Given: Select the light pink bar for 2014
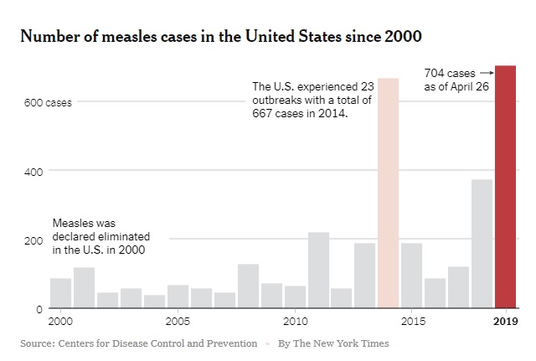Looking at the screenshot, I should pyautogui.click(x=388, y=193).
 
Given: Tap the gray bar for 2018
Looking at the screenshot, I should pyautogui.click(x=482, y=244).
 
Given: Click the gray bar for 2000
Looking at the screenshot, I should pyautogui.click(x=60, y=293).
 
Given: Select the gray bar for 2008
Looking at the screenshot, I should pyautogui.click(x=248, y=286).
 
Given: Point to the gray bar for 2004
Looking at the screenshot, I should pyautogui.click(x=154, y=301).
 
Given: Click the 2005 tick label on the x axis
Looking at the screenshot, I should pyautogui.click(x=177, y=322).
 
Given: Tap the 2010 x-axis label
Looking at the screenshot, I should pyautogui.click(x=294, y=322).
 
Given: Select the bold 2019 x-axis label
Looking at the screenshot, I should pyautogui.click(x=505, y=322).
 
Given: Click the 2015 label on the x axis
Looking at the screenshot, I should pyautogui.click(x=411, y=322).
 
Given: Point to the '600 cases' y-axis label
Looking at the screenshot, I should pyautogui.click(x=48, y=103).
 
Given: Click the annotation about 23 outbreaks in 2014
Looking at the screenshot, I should pyautogui.click(x=311, y=100).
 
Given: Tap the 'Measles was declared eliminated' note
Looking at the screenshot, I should pyautogui.click(x=94, y=237).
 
